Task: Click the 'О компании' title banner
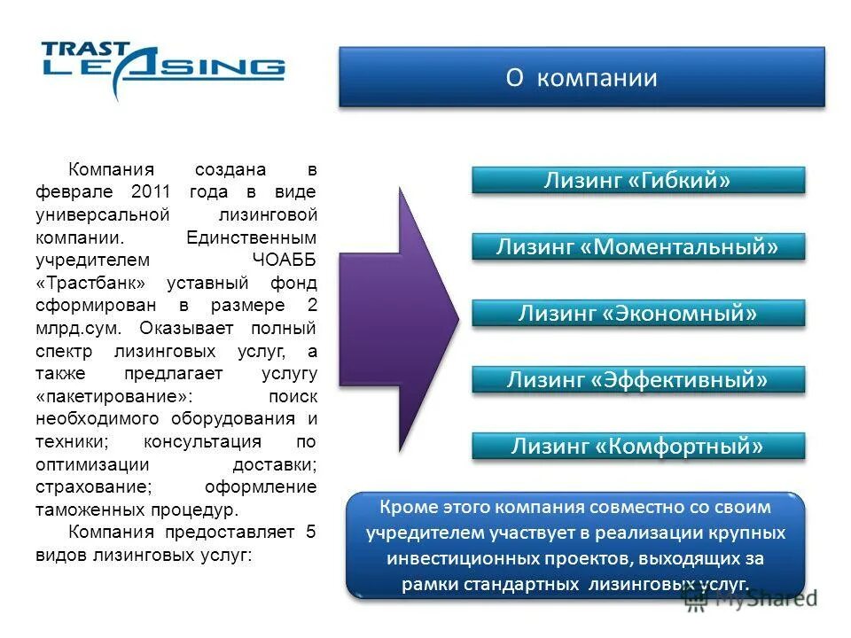click(x=582, y=78)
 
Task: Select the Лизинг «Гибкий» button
click(x=637, y=181)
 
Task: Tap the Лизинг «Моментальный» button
click(x=637, y=247)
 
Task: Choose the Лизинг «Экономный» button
click(x=637, y=314)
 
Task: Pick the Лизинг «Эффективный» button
click(x=637, y=380)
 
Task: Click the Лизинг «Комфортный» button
click(x=637, y=447)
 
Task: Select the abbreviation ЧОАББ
click(x=283, y=261)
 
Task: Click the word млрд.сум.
click(x=81, y=329)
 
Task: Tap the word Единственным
click(x=252, y=237)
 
